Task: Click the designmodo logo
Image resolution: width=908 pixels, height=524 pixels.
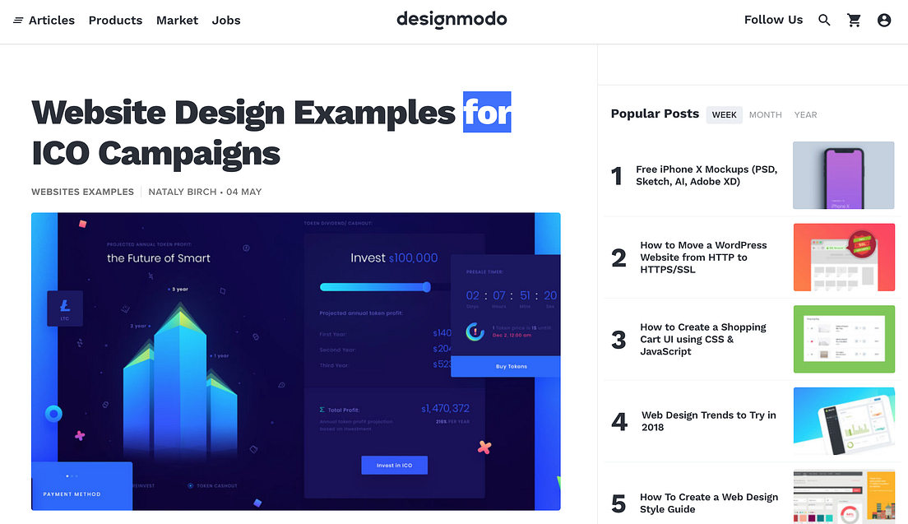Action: pos(452,19)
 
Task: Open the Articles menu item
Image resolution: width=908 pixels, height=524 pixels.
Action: pos(44,20)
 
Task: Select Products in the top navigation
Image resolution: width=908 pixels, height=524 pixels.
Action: pos(115,20)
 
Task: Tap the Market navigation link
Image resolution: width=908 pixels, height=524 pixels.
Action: pos(177,20)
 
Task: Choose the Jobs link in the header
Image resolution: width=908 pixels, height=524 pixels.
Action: pos(226,20)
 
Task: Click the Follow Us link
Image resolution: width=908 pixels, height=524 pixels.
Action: pos(773,20)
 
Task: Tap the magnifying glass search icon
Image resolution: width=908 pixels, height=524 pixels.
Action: pos(824,20)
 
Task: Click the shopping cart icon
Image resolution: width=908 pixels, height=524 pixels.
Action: pos(854,20)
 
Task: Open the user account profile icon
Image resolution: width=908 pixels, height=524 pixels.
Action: pos(884,20)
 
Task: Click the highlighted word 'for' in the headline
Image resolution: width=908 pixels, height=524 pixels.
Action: pos(487,112)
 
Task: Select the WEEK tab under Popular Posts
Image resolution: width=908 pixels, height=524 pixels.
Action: pos(724,114)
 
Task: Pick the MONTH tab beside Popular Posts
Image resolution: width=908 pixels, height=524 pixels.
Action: pos(765,114)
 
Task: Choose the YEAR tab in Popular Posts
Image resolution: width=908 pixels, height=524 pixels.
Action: pos(805,114)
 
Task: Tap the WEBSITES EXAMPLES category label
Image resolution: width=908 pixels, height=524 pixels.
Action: pos(82,192)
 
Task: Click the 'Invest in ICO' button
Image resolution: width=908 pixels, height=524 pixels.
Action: pos(394,466)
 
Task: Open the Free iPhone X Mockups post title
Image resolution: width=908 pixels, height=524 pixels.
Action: pos(706,175)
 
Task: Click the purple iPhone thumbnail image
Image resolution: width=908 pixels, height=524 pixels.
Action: pos(843,175)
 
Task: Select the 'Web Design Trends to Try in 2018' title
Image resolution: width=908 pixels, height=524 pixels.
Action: pos(708,421)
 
